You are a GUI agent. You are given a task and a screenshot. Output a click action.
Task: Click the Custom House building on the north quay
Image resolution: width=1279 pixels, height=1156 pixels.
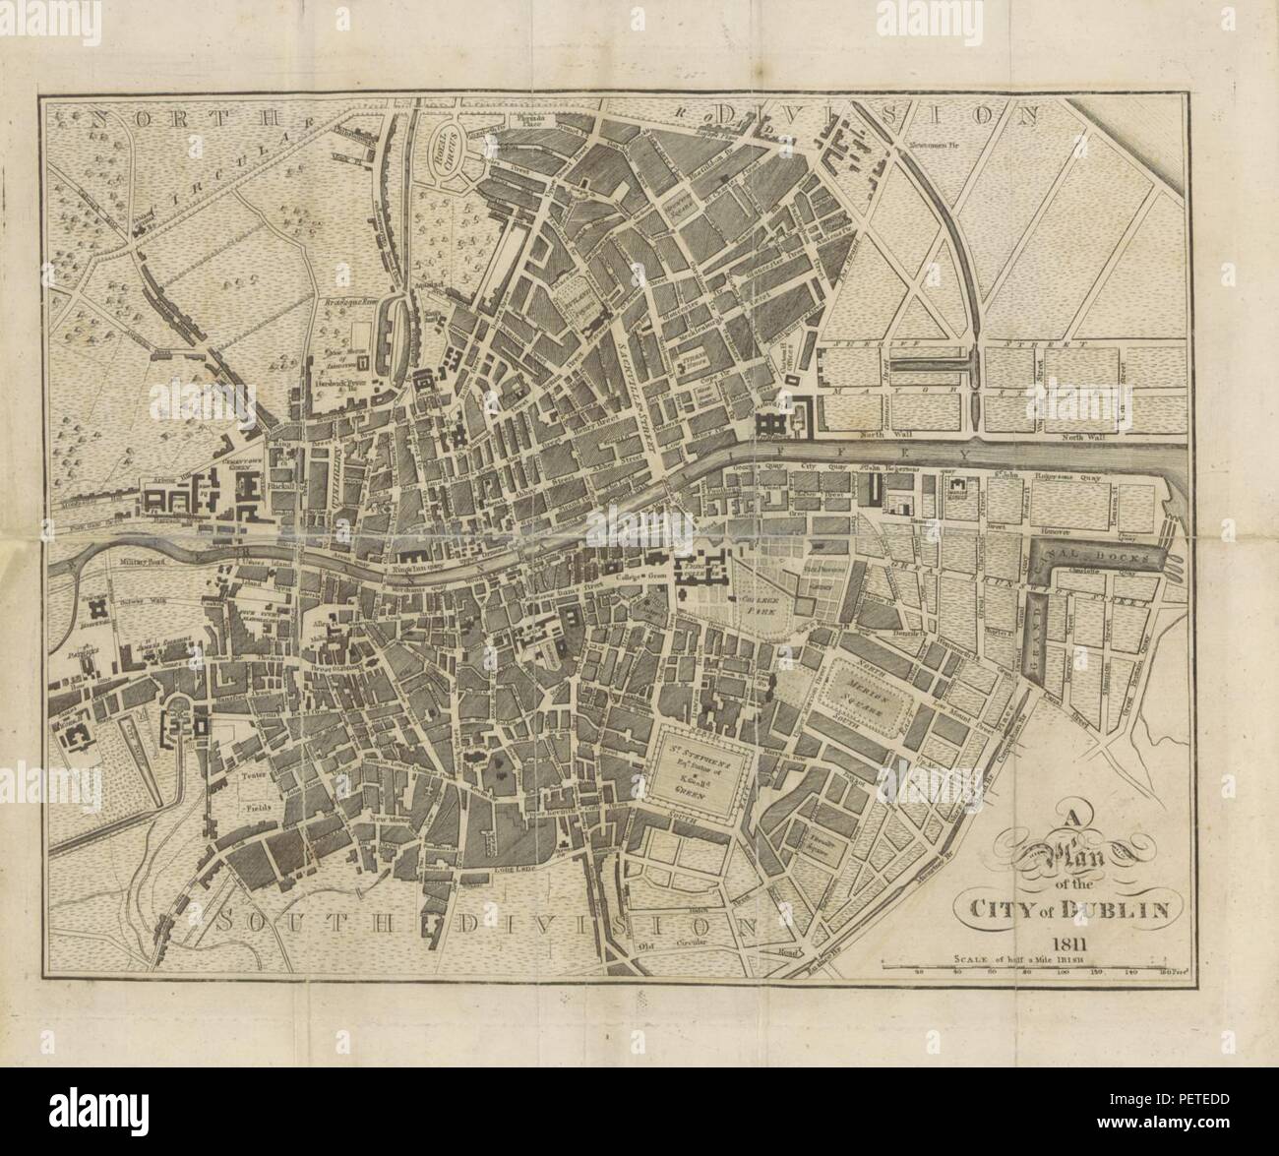point(778,424)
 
